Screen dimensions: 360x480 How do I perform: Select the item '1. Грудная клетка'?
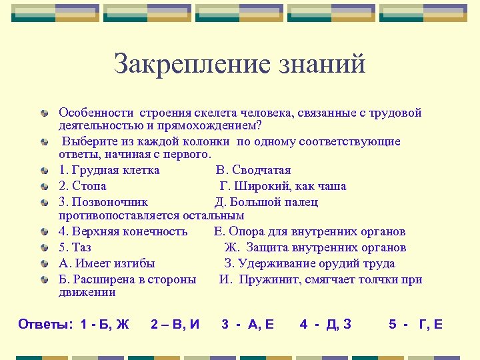point(109,170)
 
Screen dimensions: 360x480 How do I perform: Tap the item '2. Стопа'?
point(83,186)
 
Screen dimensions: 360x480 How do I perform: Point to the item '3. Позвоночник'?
point(103,202)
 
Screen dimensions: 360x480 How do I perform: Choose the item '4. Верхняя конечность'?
point(123,232)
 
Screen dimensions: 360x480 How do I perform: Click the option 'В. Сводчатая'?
point(253,170)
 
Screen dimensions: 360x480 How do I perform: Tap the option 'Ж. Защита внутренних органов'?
point(315,248)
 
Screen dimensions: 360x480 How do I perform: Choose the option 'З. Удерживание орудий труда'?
point(309,263)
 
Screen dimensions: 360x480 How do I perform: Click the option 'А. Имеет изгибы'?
point(107,263)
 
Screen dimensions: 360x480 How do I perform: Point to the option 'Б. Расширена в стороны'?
point(127,279)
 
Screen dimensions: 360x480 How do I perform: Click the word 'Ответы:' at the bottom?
point(45,325)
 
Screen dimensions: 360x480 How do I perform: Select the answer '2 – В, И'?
point(175,325)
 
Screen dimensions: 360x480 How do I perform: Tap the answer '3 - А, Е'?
point(247,325)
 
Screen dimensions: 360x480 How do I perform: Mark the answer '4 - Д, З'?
point(325,325)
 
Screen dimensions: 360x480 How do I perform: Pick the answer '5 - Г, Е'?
point(415,325)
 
